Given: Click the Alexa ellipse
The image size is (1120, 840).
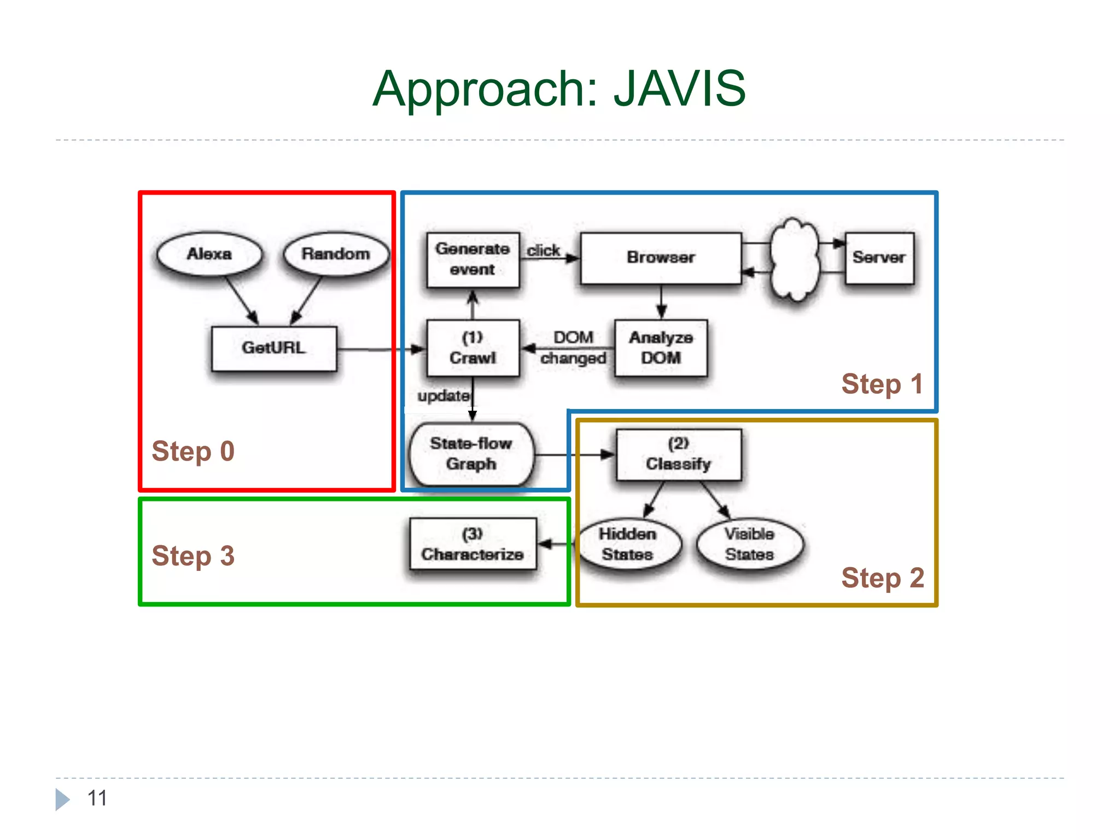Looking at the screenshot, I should (x=209, y=254).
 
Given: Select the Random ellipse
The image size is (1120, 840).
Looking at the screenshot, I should (x=336, y=254).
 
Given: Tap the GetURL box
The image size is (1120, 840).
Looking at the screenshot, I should (x=274, y=348).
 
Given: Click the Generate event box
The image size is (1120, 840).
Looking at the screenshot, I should (x=472, y=260).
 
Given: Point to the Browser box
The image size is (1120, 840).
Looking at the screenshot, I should (x=661, y=258).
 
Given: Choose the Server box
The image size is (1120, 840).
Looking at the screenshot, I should (x=879, y=258).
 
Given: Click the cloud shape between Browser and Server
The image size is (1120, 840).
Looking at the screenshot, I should (x=795, y=260).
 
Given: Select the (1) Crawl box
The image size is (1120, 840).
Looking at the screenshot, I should (x=472, y=348).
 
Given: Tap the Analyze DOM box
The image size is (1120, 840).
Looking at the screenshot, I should (x=661, y=348).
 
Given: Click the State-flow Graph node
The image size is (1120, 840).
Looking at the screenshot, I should (x=471, y=454).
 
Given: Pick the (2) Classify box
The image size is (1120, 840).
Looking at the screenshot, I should (x=678, y=454).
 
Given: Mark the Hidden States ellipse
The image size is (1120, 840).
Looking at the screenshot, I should (x=628, y=544).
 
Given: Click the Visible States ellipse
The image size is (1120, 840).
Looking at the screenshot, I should (x=749, y=544).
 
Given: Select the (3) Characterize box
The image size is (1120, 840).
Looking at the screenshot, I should (x=472, y=544).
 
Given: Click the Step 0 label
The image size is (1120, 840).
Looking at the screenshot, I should (x=193, y=452).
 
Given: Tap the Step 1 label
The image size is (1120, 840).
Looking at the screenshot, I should (x=882, y=384).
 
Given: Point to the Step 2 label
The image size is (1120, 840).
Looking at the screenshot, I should (x=882, y=578).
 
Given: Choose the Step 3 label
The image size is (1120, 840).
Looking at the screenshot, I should (x=193, y=556).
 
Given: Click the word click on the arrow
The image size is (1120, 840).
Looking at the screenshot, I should (x=543, y=250).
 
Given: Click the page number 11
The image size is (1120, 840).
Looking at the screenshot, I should (x=97, y=798).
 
